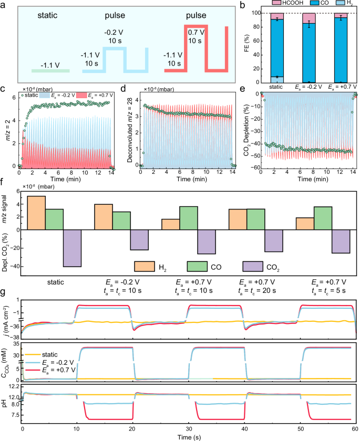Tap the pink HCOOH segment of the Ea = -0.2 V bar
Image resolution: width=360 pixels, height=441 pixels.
click(x=309, y=18)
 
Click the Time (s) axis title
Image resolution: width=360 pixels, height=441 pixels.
click(x=189, y=436)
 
